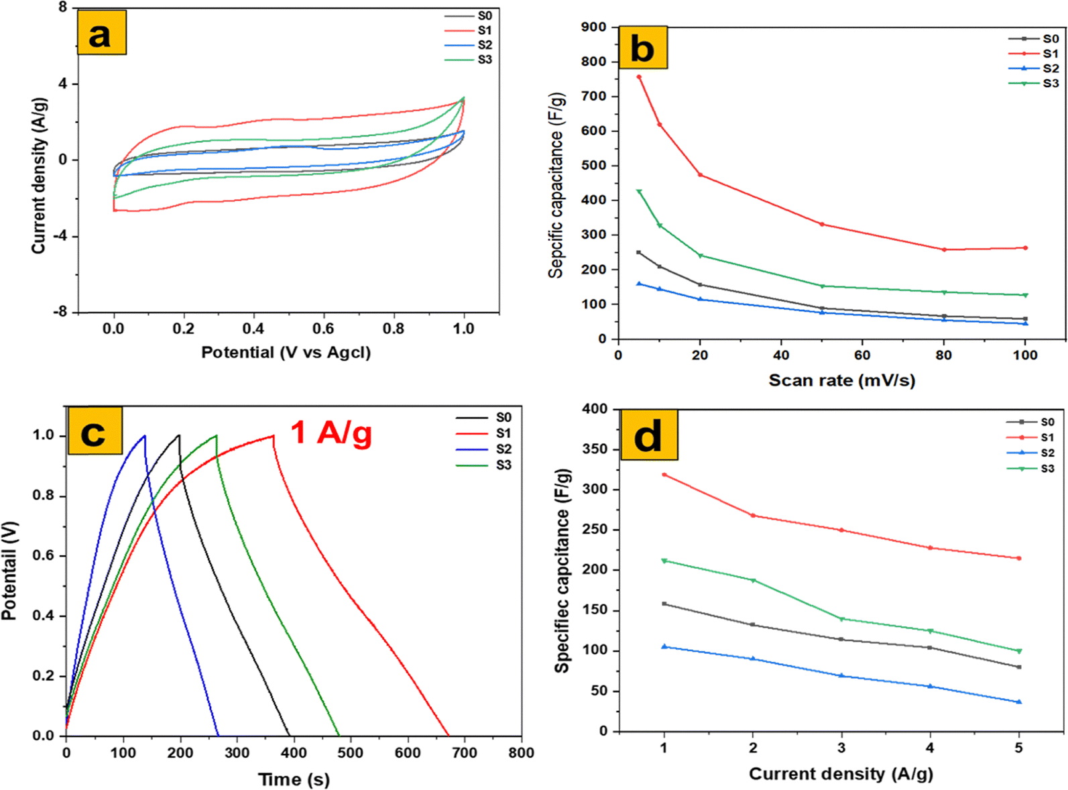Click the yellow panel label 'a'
(101, 32)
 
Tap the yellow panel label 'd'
(648, 435)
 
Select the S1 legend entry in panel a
(469, 31)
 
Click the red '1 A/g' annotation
(331, 433)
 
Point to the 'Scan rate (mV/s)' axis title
(841, 381)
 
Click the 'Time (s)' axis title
(294, 779)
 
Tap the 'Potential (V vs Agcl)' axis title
(286, 353)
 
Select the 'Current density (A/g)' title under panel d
(841, 774)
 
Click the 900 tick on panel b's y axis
(594, 27)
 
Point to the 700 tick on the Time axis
(464, 753)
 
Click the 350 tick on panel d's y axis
(595, 449)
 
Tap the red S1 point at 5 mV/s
(639, 77)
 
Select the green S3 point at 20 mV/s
(701, 256)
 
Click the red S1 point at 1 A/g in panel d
(664, 475)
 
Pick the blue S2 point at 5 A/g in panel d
(1019, 702)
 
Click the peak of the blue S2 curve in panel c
(144, 437)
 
